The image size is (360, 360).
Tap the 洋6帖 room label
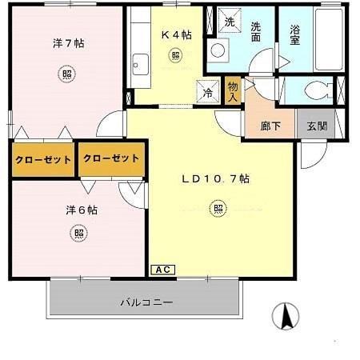pyautogui.click(x=82, y=210)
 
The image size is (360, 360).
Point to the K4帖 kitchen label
pyautogui.click(x=176, y=34)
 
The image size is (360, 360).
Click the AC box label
pyautogui.click(x=161, y=270)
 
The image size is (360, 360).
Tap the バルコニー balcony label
pyautogui.click(x=146, y=302)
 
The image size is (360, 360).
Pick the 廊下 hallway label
pyautogui.click(x=270, y=126)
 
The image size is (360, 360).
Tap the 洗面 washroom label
pyautogui.click(x=255, y=31)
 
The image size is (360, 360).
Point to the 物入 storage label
pyautogui.click(x=232, y=90)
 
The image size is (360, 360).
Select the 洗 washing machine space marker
pyautogui.click(x=229, y=21)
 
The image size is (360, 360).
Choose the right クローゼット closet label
pyautogui.click(x=110, y=158)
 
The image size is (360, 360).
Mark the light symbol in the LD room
pyautogui.click(x=218, y=210)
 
